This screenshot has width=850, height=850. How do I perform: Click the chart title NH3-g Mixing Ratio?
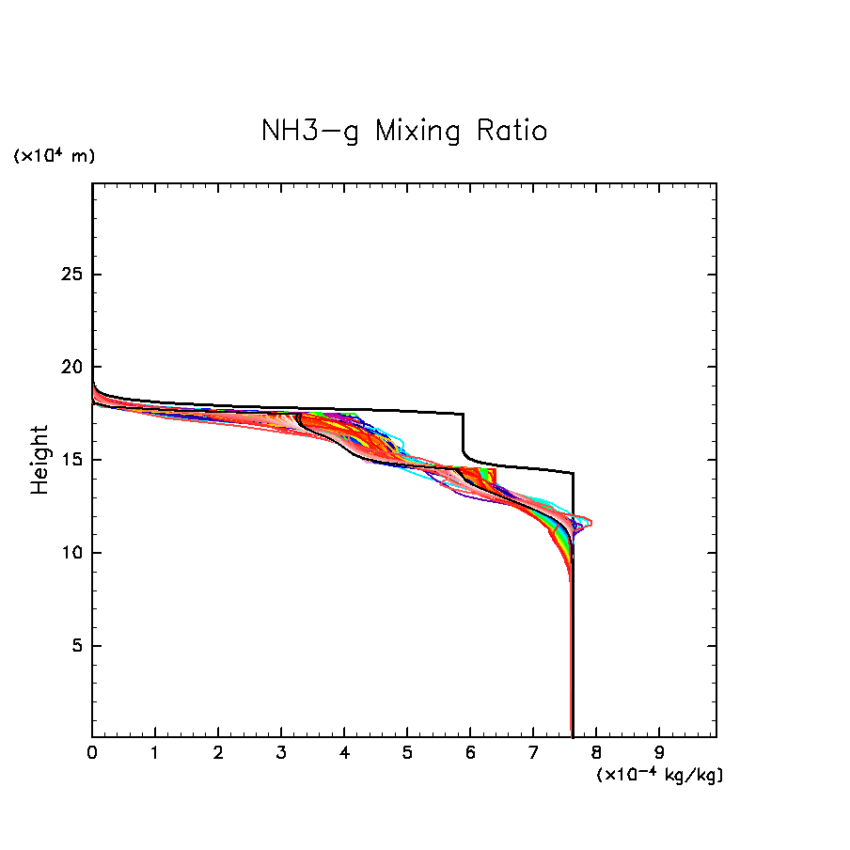pyautogui.click(x=404, y=131)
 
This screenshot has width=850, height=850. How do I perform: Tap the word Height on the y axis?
pyautogui.click(x=39, y=460)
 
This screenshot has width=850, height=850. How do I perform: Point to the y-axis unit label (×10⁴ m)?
pyautogui.click(x=54, y=156)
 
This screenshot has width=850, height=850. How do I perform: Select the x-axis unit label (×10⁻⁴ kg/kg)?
pyautogui.click(x=659, y=775)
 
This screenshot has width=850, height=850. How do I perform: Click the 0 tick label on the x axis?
pyautogui.click(x=92, y=752)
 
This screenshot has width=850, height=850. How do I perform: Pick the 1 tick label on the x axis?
pyautogui.click(x=155, y=752)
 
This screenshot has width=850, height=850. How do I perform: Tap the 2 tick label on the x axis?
pyautogui.click(x=218, y=752)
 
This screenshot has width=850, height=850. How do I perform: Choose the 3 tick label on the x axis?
pyautogui.click(x=281, y=752)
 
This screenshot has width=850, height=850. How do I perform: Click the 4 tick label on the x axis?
pyautogui.click(x=344, y=752)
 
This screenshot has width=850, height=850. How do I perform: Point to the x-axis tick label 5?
pyautogui.click(x=407, y=752)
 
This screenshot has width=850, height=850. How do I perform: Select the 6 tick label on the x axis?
pyautogui.click(x=470, y=752)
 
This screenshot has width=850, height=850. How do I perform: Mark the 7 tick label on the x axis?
pyautogui.click(x=533, y=752)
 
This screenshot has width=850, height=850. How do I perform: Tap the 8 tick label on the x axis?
pyautogui.click(x=596, y=752)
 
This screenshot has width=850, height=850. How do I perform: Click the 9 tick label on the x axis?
pyautogui.click(x=659, y=752)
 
